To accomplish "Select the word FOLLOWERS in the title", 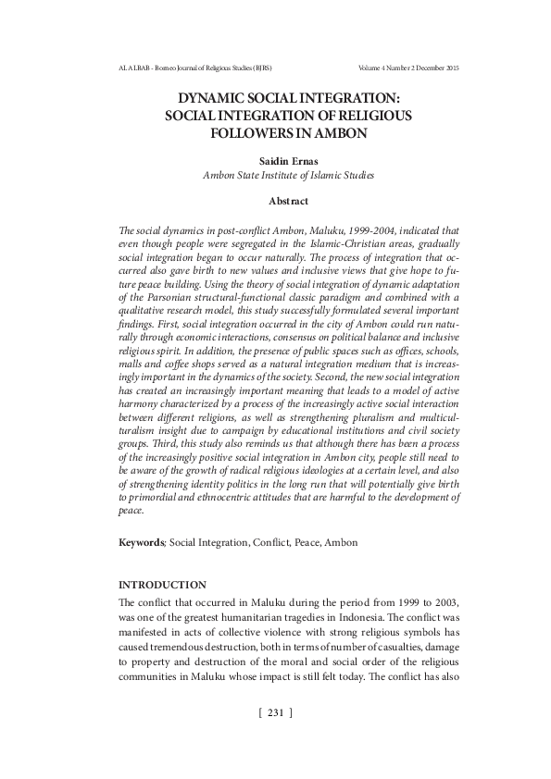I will [x=244, y=132].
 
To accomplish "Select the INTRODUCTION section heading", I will [x=162, y=585].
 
